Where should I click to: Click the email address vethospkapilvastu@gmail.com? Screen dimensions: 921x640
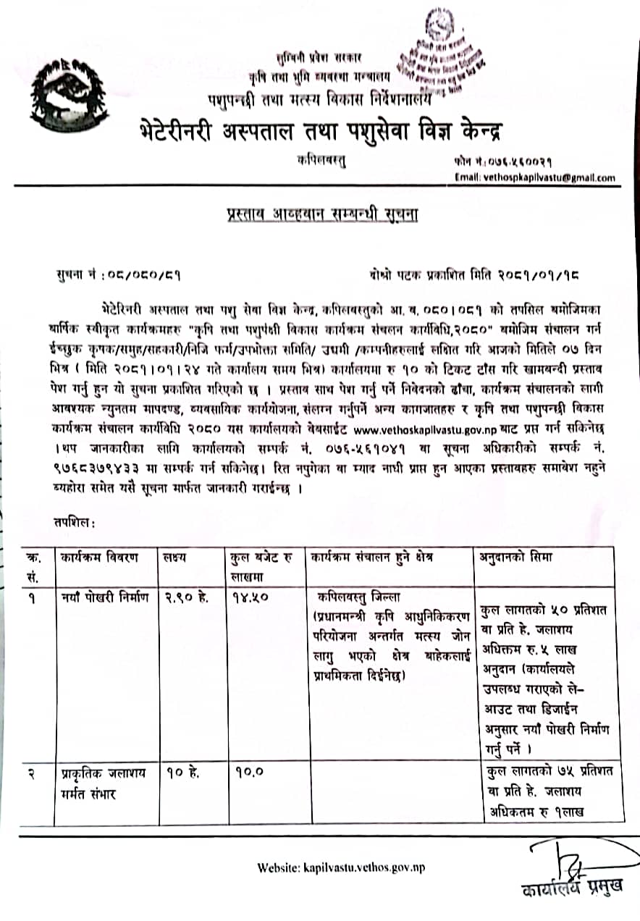535,177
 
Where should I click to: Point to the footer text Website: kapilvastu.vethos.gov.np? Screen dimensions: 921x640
340,867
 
